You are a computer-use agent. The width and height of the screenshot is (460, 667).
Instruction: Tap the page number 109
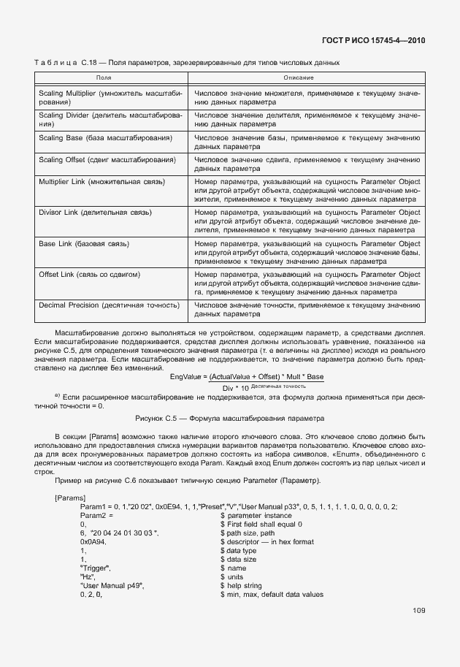(x=419, y=610)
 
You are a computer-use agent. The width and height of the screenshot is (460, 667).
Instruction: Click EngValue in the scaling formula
(x=185, y=376)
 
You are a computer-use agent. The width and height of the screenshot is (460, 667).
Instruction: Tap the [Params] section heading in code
(x=68, y=497)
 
